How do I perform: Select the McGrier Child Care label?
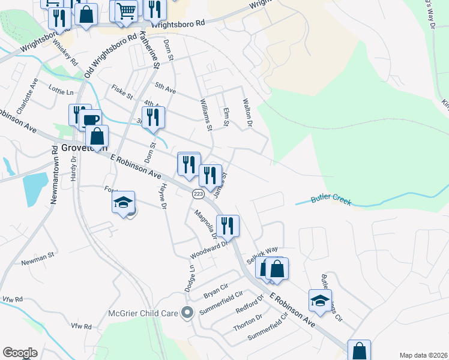click(x=143, y=313)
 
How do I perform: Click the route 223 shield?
click(x=198, y=194)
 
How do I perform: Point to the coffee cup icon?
click(x=91, y=120)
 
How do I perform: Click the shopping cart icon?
click(x=126, y=10)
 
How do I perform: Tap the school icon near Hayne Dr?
click(x=123, y=202)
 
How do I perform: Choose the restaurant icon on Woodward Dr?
click(x=228, y=226)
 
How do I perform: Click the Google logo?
click(x=20, y=353)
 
